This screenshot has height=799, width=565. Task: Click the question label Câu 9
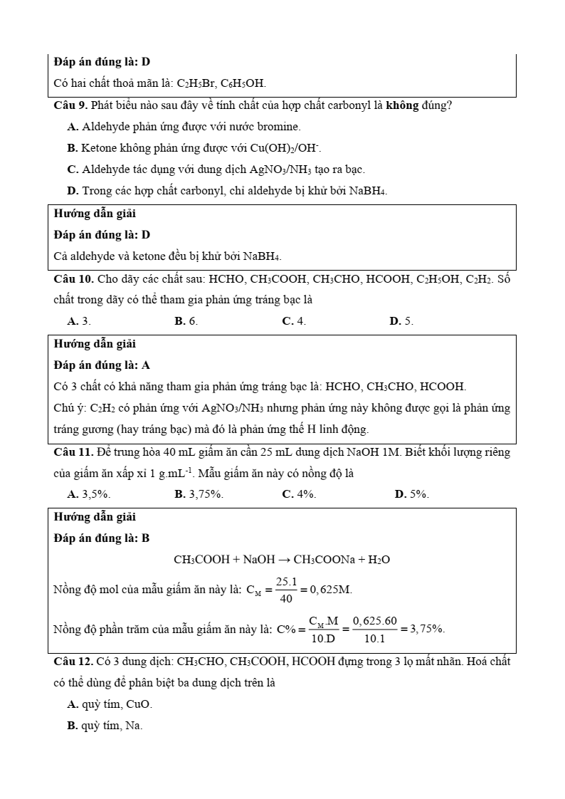click(x=70, y=105)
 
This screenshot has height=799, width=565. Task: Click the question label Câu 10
click(x=73, y=278)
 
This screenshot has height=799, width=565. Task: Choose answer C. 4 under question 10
click(x=294, y=321)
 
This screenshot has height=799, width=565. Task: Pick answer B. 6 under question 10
click(x=186, y=321)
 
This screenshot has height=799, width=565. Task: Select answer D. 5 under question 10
click(x=401, y=321)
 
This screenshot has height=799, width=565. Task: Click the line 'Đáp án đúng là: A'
click(x=102, y=365)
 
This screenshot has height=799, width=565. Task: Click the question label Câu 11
click(x=73, y=452)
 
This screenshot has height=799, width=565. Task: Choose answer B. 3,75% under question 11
click(x=199, y=494)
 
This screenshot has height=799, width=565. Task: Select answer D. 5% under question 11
click(x=411, y=494)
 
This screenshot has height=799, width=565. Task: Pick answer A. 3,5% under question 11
click(x=88, y=494)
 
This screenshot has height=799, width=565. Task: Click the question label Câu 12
click(x=73, y=662)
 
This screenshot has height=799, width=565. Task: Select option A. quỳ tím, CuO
click(x=110, y=704)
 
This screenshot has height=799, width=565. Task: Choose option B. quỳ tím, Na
click(x=105, y=726)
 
